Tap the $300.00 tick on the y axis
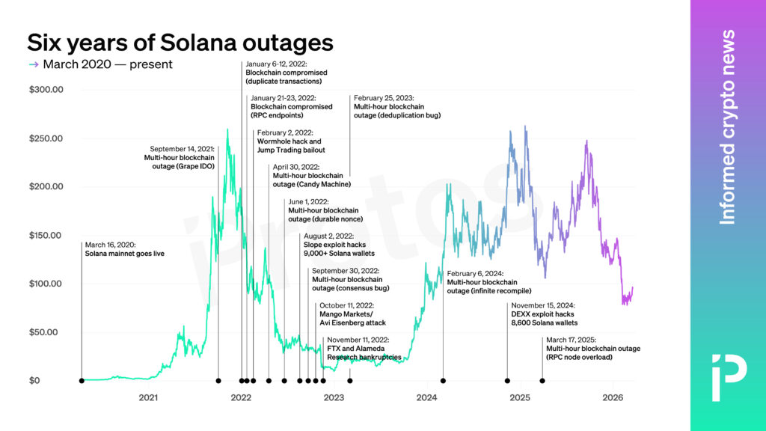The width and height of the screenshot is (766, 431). pos(46,90)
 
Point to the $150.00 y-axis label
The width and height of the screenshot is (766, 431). pos(46,236)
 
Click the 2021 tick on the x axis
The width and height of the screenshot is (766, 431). pos(148,397)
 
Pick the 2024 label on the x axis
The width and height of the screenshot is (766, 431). pos(427,397)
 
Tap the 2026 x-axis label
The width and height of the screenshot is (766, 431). pos(613,397)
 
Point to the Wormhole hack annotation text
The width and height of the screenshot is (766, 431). pos(290,141)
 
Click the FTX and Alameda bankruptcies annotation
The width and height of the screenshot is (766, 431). pos(364,352)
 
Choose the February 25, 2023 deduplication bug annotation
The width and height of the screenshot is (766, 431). pos(396,107)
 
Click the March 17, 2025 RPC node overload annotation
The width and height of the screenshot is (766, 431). pos(592,353)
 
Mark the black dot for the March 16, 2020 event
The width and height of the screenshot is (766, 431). pos(82,381)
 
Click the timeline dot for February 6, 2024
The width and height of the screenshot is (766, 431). pos(443,381)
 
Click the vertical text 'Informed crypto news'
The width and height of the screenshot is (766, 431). pos(727,127)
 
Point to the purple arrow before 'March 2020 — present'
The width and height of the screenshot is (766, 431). pos(33,64)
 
